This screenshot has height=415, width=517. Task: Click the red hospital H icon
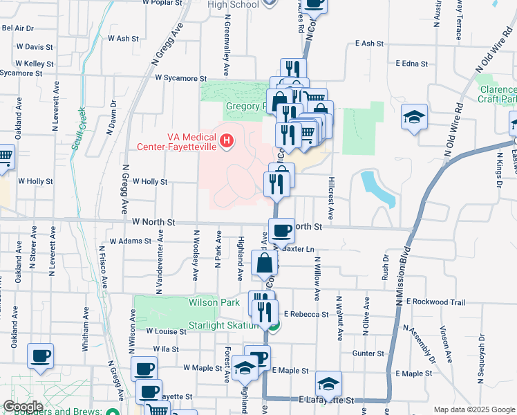coord(226,142)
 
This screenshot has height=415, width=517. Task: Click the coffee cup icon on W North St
coord(281,230)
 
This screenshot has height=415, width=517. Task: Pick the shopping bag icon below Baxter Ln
coord(265,263)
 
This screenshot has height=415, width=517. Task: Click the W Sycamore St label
coord(181,79)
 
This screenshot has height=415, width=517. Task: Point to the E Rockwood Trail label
coord(435,302)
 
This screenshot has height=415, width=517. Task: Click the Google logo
coord(23,406)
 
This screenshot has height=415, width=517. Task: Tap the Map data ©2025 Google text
coord(473,409)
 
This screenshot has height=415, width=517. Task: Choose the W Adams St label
coord(131,241)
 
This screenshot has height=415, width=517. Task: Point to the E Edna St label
coord(413,64)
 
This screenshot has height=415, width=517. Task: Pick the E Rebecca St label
coord(305,314)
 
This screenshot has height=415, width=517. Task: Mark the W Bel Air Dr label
coord(18,28)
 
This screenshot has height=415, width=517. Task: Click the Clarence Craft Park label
coord(496,95)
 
